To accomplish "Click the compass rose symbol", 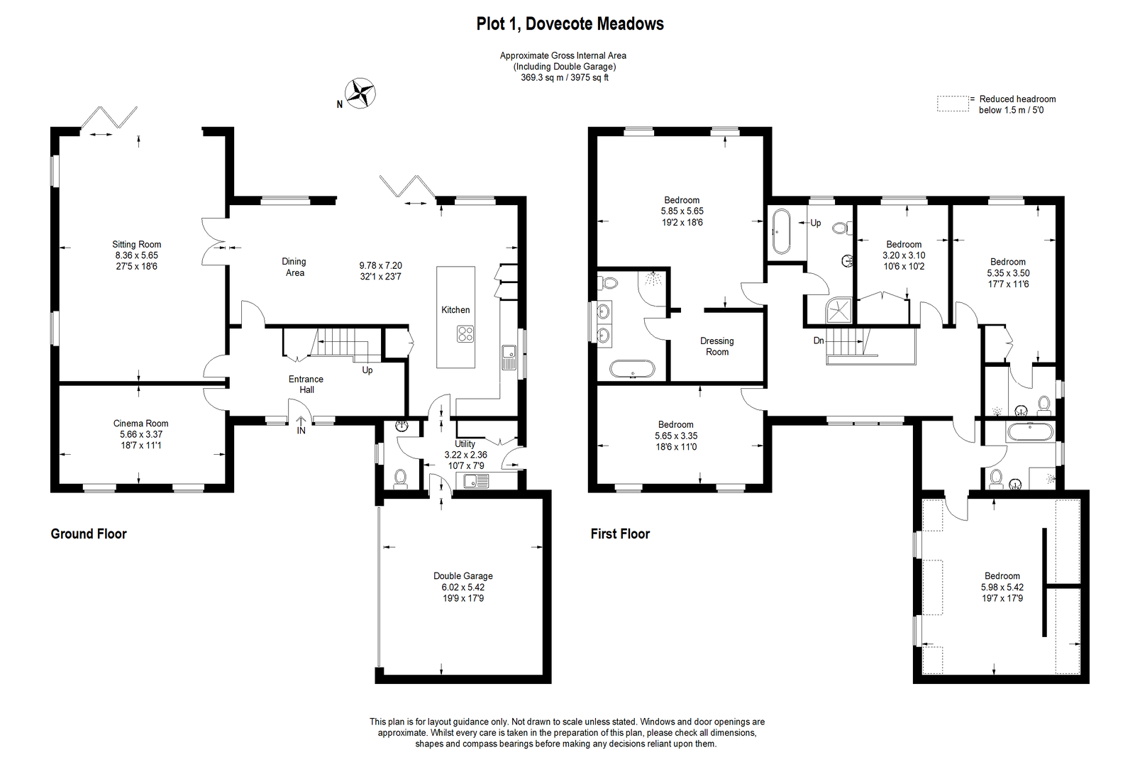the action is pos(360,93).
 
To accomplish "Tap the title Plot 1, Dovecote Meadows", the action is pos(570,24).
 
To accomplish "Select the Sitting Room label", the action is pos(137,244).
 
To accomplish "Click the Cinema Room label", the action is pos(141,423).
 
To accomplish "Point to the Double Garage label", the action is pos(463,575).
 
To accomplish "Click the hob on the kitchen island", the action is pos(465,334).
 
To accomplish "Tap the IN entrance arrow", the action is pos(301,424).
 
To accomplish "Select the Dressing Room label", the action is pos(717,347).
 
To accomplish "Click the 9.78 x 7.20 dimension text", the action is pos(380,265).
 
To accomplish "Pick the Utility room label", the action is pos(465,444).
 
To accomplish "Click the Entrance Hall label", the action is pos(306,384).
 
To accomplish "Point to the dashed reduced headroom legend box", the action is pos(953,104).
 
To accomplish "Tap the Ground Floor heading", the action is pos(89,534).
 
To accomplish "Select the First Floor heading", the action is pos(620,534).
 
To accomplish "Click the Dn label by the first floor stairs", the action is pos(819,341).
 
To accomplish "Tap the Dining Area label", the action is pos(294,267).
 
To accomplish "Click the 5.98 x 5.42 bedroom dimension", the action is pos(1002,587).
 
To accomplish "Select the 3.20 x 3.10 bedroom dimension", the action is pos(904,255).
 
